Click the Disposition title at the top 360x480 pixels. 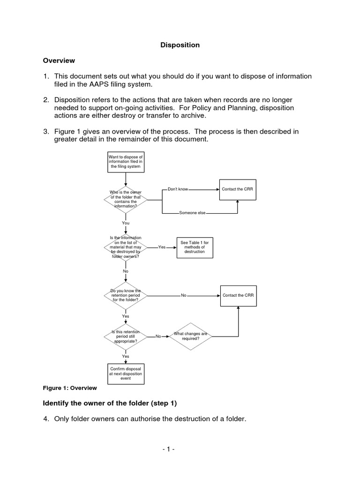(x=180, y=45)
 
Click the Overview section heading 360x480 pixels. (x=59, y=60)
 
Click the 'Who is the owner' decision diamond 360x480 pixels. (x=125, y=199)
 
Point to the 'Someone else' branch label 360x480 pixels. (x=192, y=213)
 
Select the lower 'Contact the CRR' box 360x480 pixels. (x=238, y=295)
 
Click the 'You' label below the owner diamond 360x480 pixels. (x=126, y=223)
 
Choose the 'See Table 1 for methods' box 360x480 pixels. (x=194, y=247)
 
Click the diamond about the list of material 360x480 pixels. (x=125, y=247)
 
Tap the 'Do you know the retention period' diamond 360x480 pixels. (x=125, y=295)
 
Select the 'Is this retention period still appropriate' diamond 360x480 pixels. (x=125, y=337)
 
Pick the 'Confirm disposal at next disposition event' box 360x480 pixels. (x=125, y=374)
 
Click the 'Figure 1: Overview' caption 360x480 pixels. (x=70, y=388)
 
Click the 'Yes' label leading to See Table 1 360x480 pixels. (x=162, y=247)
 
